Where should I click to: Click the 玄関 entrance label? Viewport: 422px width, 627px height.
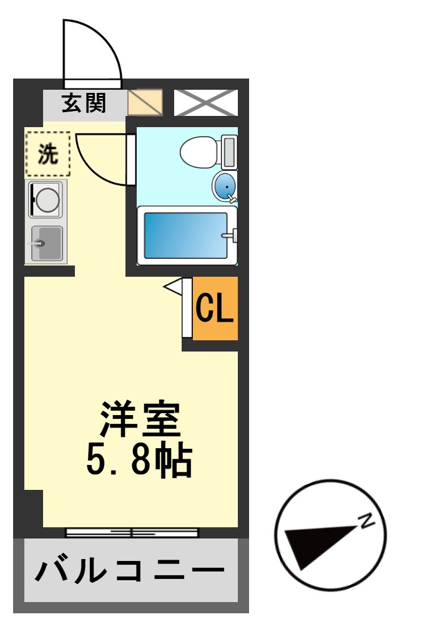tap(84, 102)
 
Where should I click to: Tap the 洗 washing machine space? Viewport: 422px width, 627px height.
tap(47, 153)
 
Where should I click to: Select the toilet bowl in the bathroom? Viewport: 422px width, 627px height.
tap(197, 151)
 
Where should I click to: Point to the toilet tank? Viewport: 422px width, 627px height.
tap(229, 152)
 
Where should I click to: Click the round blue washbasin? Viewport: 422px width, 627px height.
tap(224, 185)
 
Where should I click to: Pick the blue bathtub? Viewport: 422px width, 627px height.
tap(185, 235)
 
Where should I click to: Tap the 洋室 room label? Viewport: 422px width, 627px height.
tap(140, 420)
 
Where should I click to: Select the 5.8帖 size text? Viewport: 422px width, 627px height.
tap(138, 460)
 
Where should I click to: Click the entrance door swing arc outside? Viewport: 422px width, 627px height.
tap(94, 50)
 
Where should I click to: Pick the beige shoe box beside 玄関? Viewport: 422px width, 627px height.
tap(145, 102)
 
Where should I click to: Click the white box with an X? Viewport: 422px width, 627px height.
tap(205, 102)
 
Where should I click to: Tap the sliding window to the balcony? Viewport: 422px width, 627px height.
tap(132, 532)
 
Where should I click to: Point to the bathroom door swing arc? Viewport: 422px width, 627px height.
tap(103, 162)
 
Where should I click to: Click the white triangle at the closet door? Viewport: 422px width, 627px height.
tap(172, 286)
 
